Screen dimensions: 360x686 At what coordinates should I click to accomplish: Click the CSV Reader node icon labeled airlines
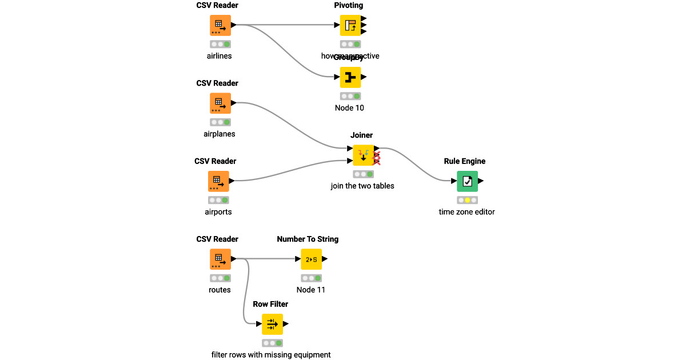click(x=220, y=25)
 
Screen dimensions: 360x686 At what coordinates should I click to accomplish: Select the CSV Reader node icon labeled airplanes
click(x=220, y=103)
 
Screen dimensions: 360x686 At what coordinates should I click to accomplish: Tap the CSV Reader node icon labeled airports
click(x=218, y=181)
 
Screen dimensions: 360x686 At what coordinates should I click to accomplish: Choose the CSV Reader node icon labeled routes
click(x=220, y=259)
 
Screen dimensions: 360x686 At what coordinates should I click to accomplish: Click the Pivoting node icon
click(x=350, y=25)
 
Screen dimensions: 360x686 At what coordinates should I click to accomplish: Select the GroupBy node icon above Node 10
click(x=350, y=77)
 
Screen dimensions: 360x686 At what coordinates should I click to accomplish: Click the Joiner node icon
click(x=363, y=155)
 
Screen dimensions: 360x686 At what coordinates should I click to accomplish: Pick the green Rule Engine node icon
click(x=467, y=181)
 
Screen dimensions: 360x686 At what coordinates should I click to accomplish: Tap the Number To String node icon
click(x=312, y=259)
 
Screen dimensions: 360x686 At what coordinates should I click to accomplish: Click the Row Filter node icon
click(x=272, y=324)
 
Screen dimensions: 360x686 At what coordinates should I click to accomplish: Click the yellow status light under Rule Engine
click(x=467, y=200)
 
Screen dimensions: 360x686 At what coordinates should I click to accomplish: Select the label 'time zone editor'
click(x=466, y=212)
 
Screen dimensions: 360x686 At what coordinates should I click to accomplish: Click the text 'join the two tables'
click(x=362, y=186)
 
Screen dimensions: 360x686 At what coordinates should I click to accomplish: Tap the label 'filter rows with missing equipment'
click(x=271, y=355)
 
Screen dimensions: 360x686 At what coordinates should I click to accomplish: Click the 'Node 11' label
click(x=311, y=290)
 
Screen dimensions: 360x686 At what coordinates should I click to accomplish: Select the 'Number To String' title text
click(x=308, y=239)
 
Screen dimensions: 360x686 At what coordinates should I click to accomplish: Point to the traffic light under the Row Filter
click(x=272, y=343)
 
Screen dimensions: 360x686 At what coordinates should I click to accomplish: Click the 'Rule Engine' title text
click(x=465, y=161)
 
